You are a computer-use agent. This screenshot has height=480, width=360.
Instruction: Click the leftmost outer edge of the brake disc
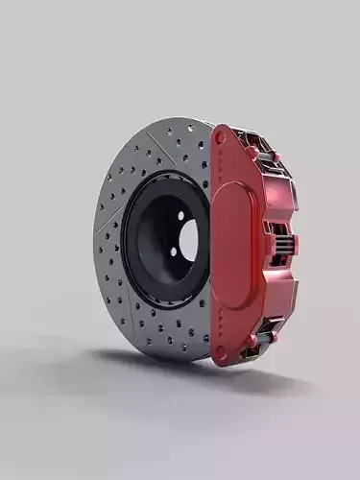[94, 240]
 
